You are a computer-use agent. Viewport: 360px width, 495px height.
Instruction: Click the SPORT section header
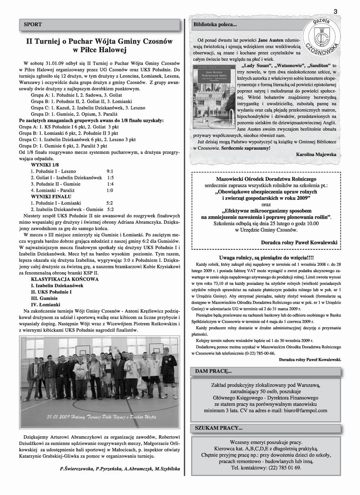33,25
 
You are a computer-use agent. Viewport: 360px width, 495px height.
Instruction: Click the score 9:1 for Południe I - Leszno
110,171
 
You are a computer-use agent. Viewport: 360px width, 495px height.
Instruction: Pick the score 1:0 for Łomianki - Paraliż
110,190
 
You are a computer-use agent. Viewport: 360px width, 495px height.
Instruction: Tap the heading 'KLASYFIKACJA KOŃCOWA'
65,279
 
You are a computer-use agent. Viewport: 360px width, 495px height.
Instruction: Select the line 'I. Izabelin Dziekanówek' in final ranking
57,285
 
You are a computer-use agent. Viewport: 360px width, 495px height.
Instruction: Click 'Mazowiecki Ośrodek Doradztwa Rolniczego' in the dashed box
266,179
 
